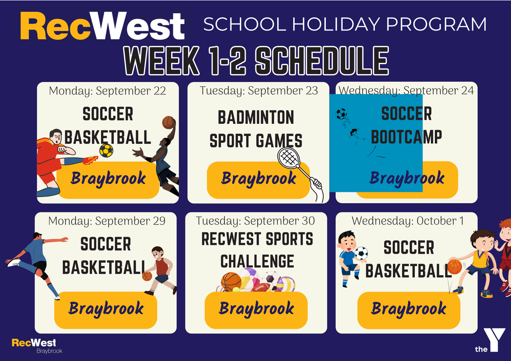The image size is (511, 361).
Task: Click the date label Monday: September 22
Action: [107, 91]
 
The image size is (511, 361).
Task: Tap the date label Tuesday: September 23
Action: [259, 91]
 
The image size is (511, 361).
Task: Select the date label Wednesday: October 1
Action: [408, 221]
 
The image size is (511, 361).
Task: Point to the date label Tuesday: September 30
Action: [255, 221]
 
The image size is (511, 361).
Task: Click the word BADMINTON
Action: [256, 117]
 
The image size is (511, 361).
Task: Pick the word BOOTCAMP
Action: [407, 137]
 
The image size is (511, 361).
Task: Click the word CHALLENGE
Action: [257, 261]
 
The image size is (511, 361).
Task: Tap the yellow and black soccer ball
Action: [106, 151]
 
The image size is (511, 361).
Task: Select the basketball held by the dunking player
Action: [168, 122]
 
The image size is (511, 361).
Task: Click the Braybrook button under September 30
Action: [256, 310]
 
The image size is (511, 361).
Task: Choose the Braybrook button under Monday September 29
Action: [106, 310]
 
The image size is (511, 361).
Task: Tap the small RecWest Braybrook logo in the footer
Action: [37, 346]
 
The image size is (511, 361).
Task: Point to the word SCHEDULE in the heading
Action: [322, 60]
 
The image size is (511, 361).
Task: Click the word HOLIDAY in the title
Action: [336, 24]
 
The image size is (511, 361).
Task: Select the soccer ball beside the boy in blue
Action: [362, 253]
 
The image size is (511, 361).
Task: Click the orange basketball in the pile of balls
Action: [231, 282]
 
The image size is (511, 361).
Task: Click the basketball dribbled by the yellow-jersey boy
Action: [455, 267]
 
